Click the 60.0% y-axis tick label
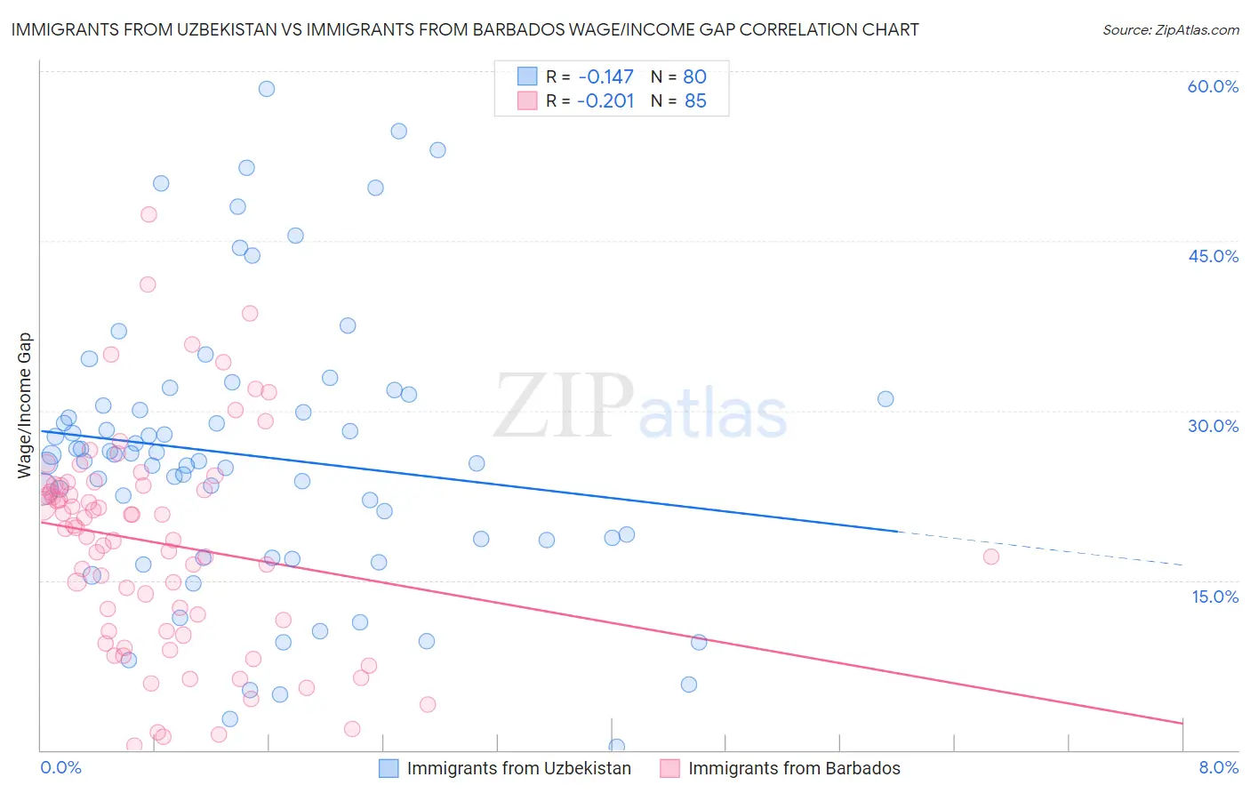[x=1213, y=86]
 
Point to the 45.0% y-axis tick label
[x=1213, y=256]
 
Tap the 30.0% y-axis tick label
[x=1213, y=426]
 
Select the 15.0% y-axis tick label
[x=1214, y=596]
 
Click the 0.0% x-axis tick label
[x=60, y=767]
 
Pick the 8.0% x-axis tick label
[x=1218, y=767]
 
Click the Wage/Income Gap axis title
[x=24, y=405]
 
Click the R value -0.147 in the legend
[x=605, y=76]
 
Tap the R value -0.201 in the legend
[x=605, y=100]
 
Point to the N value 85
[x=695, y=100]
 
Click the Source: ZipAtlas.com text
[x=1170, y=30]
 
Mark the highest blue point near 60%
[x=267, y=89]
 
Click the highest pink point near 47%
[x=148, y=214]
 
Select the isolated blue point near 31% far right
[x=885, y=399]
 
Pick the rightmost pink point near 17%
[x=991, y=557]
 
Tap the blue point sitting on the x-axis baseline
[x=616, y=747]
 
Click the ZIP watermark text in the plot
[x=564, y=406]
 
